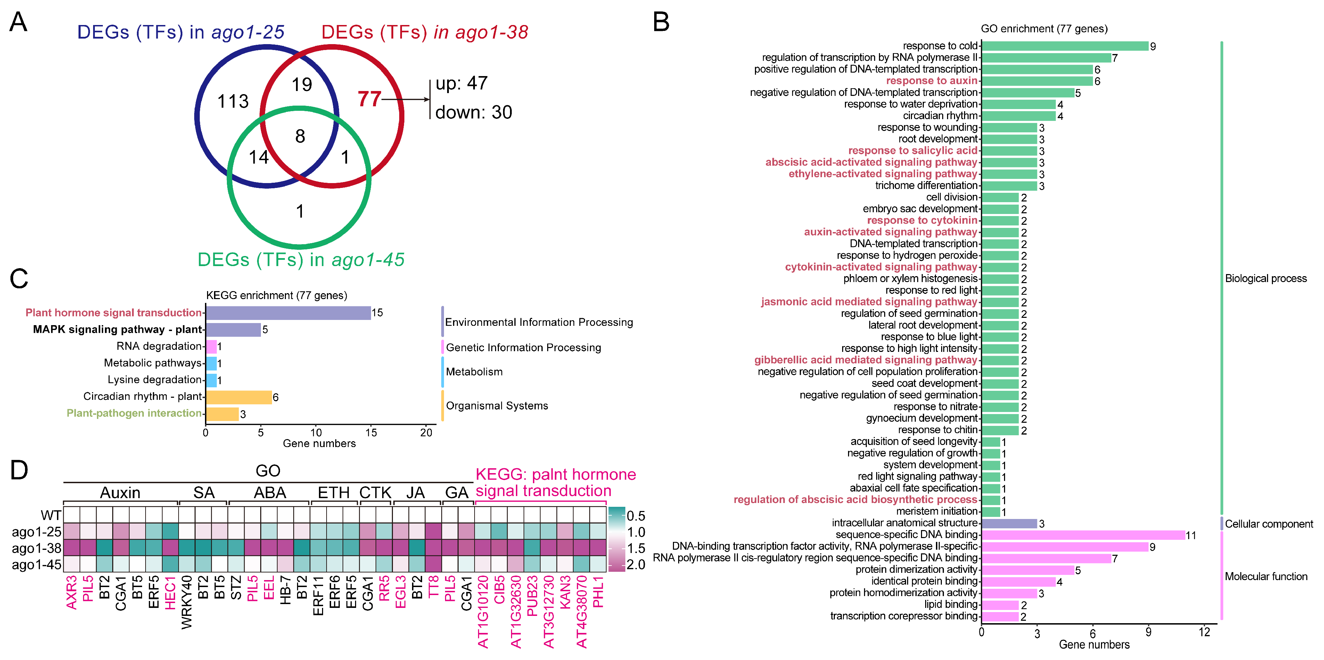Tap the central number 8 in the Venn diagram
tap(300, 136)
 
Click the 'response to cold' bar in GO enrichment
tap(1064, 46)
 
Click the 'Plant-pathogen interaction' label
tap(134, 413)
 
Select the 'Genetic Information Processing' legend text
tap(523, 347)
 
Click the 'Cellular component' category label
tap(1268, 524)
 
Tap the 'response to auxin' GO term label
tap(931, 81)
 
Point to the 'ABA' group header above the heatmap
tap(270, 493)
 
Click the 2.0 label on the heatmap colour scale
tap(636, 564)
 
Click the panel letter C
tap(19, 279)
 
